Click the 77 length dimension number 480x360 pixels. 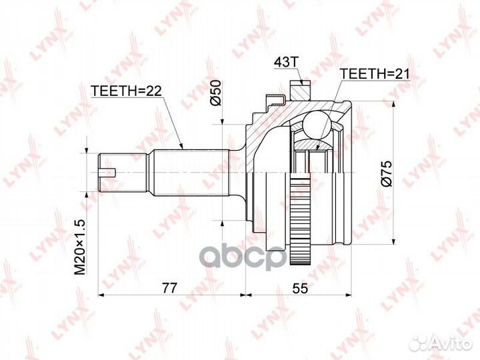(172, 288)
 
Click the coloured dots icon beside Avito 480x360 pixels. (419, 343)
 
